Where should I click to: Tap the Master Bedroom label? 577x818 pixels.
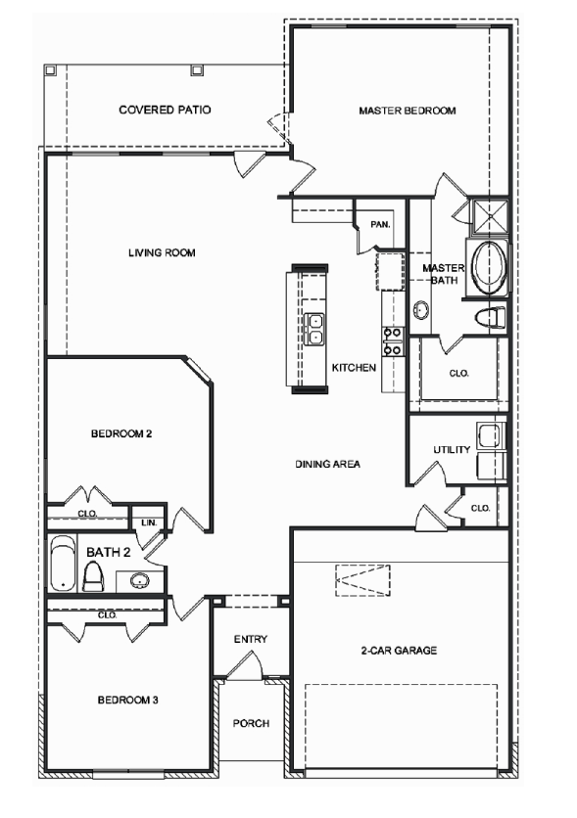click(x=407, y=111)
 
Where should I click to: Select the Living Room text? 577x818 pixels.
click(x=162, y=252)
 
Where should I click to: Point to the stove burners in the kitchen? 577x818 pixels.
click(x=392, y=339)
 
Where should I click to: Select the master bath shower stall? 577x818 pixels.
click(x=487, y=217)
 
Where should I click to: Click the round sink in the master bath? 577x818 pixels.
click(x=420, y=310)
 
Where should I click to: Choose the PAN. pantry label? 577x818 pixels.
click(x=381, y=224)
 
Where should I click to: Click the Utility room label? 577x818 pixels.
click(x=452, y=450)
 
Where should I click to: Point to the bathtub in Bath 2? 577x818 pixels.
click(x=62, y=565)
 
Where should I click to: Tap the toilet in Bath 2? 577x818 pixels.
click(x=94, y=576)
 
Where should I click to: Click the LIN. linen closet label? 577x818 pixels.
click(x=149, y=523)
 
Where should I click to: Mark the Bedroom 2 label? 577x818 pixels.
click(x=120, y=433)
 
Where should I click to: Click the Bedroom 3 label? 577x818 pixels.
click(x=127, y=701)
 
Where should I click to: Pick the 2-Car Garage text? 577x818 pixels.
click(x=397, y=650)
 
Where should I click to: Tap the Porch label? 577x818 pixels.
click(x=250, y=724)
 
